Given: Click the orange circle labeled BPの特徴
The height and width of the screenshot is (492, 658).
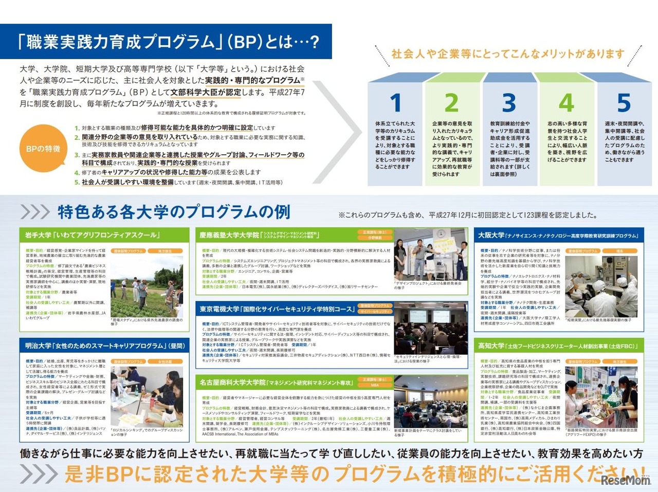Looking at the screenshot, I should click(x=43, y=149).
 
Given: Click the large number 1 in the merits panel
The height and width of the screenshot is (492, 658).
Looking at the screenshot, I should click(x=395, y=102).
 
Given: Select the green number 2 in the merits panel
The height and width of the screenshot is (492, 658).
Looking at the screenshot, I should click(x=451, y=102).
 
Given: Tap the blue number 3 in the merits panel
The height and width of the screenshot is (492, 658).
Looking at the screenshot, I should click(x=509, y=102).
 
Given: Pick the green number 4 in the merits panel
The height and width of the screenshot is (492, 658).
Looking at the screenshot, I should click(x=566, y=102).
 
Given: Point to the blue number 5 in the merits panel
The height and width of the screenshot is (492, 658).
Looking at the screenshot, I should click(x=624, y=102).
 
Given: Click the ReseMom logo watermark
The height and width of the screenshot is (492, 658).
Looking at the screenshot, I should click(x=626, y=480).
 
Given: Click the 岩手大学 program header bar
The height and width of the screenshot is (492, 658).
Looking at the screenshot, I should click(x=104, y=235).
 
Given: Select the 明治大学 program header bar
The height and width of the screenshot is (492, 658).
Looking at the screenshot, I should click(x=104, y=345).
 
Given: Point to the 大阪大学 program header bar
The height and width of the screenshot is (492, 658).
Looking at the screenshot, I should click(x=558, y=235).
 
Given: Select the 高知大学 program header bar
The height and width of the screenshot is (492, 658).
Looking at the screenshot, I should click(x=558, y=345).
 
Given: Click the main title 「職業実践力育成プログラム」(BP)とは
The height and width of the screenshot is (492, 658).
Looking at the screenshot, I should click(x=168, y=42).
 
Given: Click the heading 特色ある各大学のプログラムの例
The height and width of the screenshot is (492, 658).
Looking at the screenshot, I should click(x=174, y=212).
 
